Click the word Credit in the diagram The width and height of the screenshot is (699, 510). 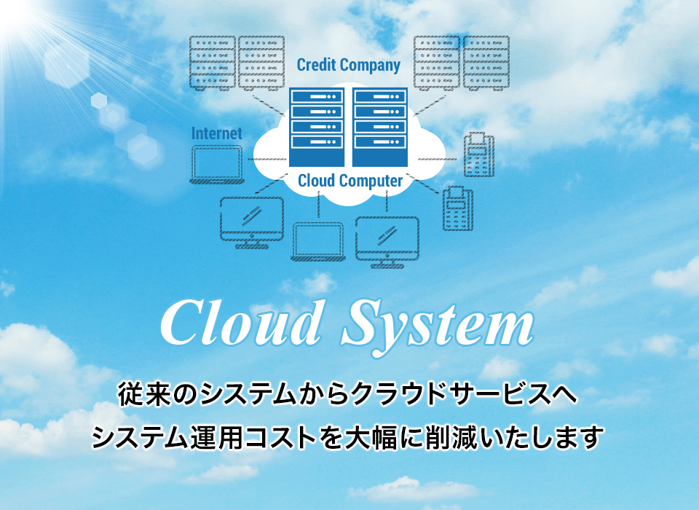(316, 65)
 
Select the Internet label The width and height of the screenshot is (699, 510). (217, 133)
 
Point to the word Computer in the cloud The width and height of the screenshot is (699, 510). (371, 181)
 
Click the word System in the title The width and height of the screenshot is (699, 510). (438, 324)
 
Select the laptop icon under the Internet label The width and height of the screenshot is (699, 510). (217, 165)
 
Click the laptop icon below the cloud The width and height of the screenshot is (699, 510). (318, 242)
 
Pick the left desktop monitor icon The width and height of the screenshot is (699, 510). (252, 222)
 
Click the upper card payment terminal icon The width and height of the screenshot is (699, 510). (479, 154)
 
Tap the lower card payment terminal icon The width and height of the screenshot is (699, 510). (458, 208)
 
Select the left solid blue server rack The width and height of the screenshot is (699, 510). (317, 127)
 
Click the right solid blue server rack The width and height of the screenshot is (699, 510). (380, 127)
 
